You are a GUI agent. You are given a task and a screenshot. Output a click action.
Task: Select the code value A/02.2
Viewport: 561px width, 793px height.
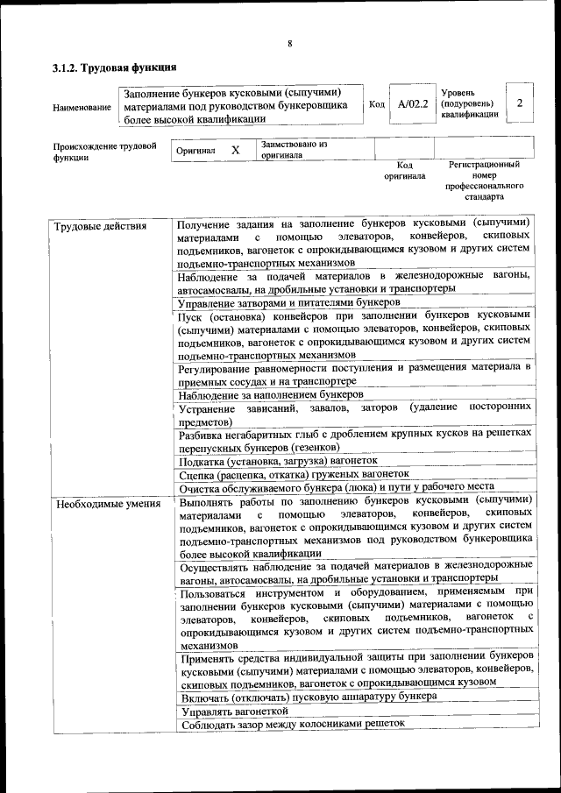pyautogui.click(x=412, y=104)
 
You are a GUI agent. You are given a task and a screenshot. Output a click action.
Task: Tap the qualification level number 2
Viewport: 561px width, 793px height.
pyautogui.click(x=520, y=103)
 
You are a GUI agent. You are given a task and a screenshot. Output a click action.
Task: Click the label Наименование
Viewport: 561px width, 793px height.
pyautogui.click(x=82, y=108)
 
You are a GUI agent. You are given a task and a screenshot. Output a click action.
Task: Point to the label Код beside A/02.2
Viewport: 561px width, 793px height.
pyautogui.click(x=377, y=105)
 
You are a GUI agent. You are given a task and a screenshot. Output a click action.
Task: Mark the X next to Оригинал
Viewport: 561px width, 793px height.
pyautogui.click(x=235, y=151)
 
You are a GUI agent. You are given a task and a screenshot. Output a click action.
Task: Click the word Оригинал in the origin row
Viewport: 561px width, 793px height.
pyautogui.click(x=195, y=152)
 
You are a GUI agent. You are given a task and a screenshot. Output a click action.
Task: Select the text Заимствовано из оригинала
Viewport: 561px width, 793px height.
pyautogui.click(x=294, y=149)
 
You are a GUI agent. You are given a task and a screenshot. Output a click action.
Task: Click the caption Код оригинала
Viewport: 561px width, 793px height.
pyautogui.click(x=404, y=170)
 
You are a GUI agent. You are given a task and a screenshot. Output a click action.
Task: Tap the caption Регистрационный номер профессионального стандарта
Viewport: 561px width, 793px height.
pyautogui.click(x=484, y=181)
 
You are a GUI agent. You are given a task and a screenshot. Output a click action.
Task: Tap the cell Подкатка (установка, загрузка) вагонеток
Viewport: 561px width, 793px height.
pyautogui.click(x=278, y=460)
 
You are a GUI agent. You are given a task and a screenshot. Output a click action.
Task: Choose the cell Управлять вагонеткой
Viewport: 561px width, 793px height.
pyautogui.click(x=234, y=711)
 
